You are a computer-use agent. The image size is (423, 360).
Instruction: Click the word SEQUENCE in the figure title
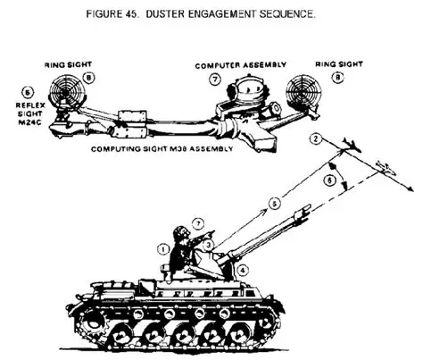tap(287, 13)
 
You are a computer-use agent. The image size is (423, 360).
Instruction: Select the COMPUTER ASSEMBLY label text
tap(241, 65)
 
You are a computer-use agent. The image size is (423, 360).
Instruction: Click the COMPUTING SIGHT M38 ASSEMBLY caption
tap(162, 149)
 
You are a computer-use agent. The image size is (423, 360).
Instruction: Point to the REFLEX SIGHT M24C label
tap(30, 113)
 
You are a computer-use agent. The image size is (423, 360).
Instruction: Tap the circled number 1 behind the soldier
tap(163, 249)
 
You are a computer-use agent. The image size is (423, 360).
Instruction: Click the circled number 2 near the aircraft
tap(316, 139)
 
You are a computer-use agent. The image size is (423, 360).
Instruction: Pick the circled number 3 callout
tap(209, 246)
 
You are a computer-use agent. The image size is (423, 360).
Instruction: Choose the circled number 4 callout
tap(243, 271)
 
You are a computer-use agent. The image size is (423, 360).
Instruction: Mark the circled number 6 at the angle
tap(329, 180)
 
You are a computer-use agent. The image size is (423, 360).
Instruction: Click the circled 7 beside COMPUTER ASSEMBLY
tap(215, 80)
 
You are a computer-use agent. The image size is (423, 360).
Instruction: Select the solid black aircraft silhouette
tap(352, 145)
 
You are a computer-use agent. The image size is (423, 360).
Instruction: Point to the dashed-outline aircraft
tap(386, 169)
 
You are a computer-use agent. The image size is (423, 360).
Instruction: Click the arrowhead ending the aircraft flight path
tap(411, 189)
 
